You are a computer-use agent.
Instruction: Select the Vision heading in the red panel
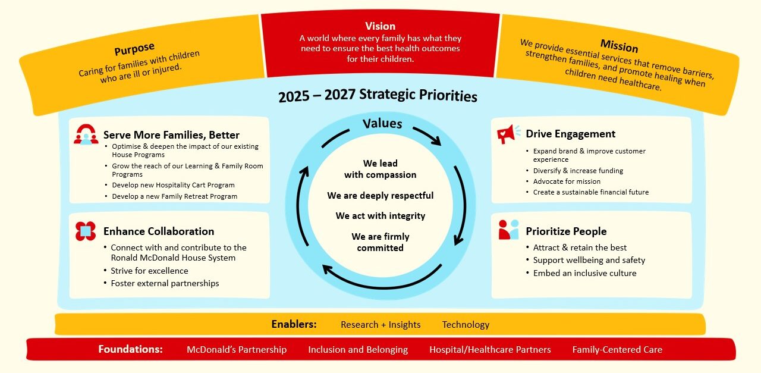coord(380,26)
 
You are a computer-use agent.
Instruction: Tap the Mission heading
coord(619,46)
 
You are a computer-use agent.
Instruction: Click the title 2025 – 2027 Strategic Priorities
coord(378,96)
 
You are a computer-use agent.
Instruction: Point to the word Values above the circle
coord(382,124)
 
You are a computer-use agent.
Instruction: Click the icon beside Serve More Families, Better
coord(86,134)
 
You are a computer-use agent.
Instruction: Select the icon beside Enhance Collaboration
coord(86,231)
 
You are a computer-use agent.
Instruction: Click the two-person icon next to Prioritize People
coord(508,230)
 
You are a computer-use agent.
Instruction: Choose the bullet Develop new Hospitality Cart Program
coord(173,185)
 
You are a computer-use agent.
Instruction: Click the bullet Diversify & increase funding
coord(578,171)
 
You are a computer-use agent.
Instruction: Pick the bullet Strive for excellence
coord(149,271)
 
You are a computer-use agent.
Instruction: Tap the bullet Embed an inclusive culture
coord(584,273)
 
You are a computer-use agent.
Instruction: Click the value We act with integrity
coord(380,215)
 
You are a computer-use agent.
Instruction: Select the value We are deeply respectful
coord(380,195)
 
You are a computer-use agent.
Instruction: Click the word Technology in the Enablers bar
coord(466,324)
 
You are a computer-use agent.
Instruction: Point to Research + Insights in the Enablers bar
coord(380,324)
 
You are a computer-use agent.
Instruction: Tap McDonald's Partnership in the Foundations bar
coord(237,349)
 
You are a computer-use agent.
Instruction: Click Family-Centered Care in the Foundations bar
coord(617,349)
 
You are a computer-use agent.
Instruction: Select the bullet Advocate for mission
coord(567,181)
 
